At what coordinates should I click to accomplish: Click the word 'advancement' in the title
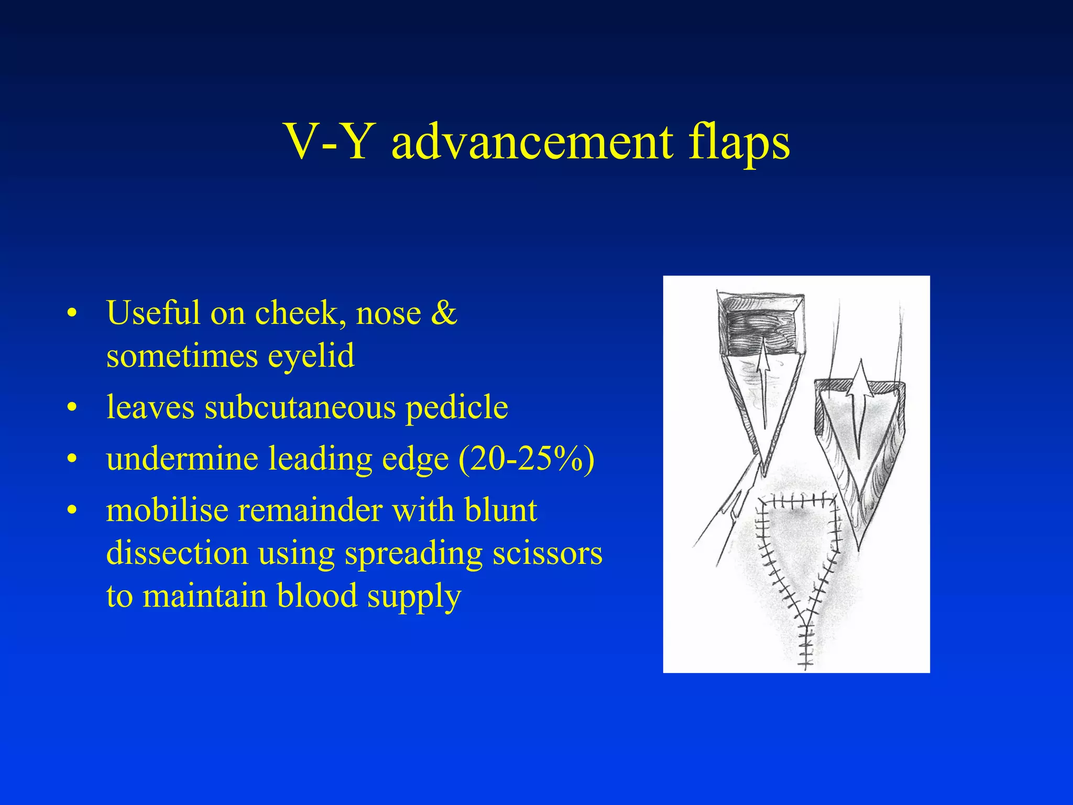[532, 143]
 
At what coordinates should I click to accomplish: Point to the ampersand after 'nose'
[444, 313]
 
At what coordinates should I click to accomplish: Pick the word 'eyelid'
[311, 356]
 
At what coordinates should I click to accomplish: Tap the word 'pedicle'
[457, 407]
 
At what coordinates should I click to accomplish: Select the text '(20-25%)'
[527, 459]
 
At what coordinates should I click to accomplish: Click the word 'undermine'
[182, 459]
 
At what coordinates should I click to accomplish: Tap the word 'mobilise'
[167, 510]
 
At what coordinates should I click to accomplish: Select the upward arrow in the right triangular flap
[859, 398]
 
